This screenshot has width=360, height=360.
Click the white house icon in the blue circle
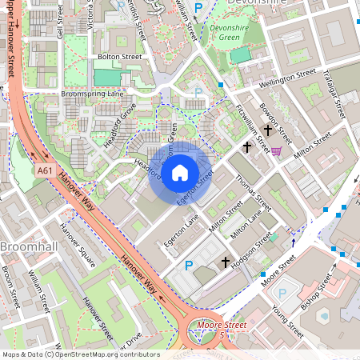point(180,171)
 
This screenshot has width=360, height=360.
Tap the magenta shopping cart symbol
point(276,150)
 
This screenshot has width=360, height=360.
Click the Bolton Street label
point(118,58)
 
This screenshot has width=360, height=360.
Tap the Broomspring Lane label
point(93,94)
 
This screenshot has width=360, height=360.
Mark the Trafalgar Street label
point(338,93)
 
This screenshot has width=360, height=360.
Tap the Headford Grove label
point(119,126)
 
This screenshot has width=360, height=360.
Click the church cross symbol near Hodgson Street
point(225,262)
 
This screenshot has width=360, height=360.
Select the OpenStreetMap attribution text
point(80,354)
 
